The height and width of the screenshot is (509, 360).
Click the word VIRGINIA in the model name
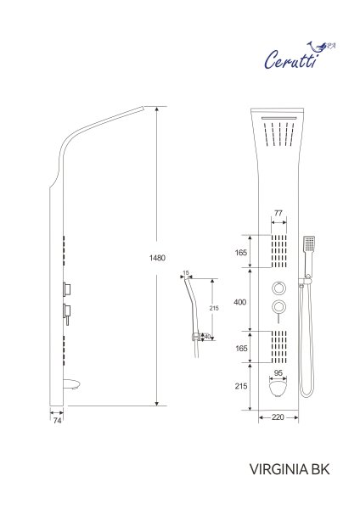click(275, 467)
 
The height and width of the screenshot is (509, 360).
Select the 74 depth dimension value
click(57, 419)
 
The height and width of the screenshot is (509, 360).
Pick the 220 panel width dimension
click(278, 418)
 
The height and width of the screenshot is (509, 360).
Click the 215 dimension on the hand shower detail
click(214, 309)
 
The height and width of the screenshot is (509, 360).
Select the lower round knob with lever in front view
click(278, 306)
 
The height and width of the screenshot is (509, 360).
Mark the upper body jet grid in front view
click(278, 251)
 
